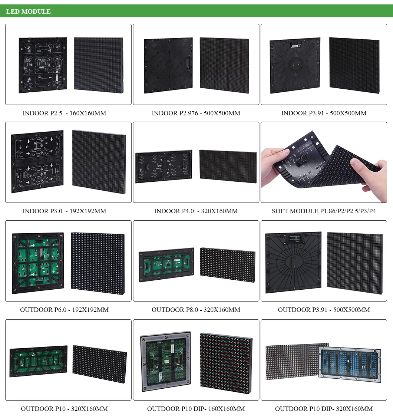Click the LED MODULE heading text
click(x=29, y=11)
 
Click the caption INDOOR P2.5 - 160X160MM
click(x=64, y=113)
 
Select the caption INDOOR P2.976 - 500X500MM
click(x=196, y=113)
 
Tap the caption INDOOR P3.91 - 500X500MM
click(x=324, y=113)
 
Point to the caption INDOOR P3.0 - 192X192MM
click(x=64, y=211)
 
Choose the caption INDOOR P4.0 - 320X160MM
click(x=196, y=211)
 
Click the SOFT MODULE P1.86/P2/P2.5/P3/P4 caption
click(x=324, y=211)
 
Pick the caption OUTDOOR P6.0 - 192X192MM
click(x=64, y=310)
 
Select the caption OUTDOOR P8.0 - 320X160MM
click(x=196, y=310)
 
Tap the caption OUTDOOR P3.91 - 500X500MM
click(x=324, y=310)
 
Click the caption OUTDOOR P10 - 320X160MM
click(x=64, y=409)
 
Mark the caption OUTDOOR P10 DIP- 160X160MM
click(x=196, y=409)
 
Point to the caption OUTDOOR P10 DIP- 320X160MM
click(x=324, y=409)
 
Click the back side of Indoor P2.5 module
click(x=43, y=65)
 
